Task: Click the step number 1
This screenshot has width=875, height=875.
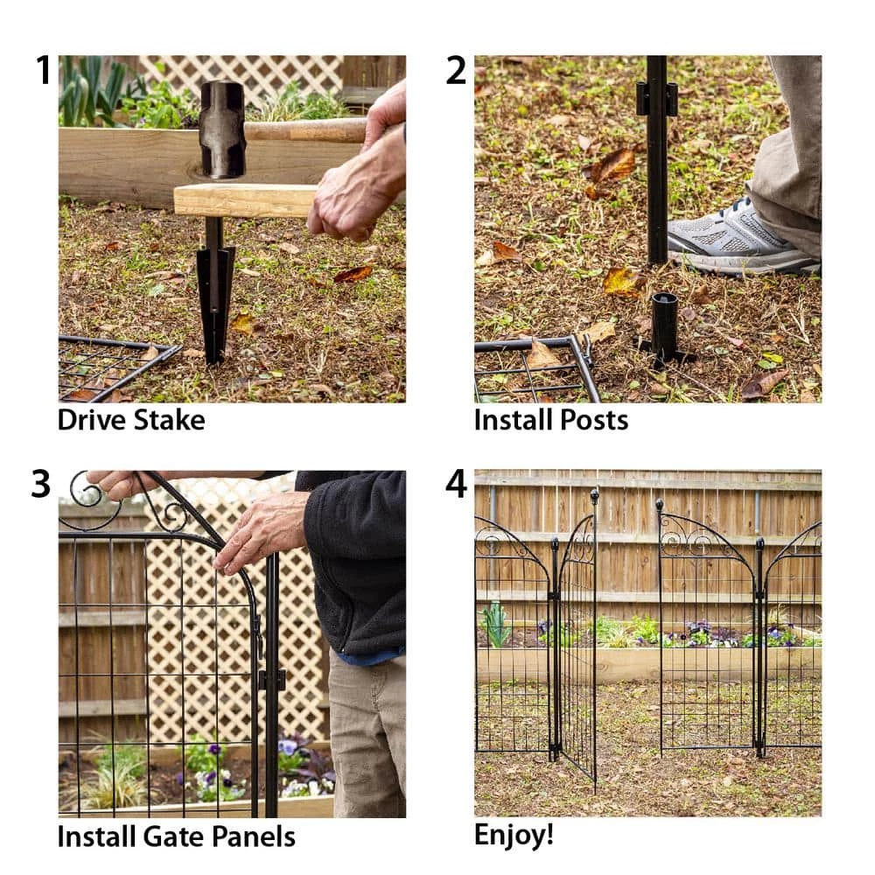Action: click(x=43, y=71)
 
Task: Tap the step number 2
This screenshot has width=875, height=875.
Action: click(x=456, y=71)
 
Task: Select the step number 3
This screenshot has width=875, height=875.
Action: click(x=41, y=485)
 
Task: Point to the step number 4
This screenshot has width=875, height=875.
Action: click(x=457, y=485)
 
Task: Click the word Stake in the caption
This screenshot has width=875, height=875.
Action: click(x=169, y=420)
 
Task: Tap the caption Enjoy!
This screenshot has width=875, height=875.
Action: click(x=514, y=835)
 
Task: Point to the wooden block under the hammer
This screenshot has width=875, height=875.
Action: click(x=245, y=200)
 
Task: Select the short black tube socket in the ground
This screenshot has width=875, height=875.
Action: click(x=665, y=328)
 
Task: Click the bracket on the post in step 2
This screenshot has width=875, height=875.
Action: click(x=657, y=99)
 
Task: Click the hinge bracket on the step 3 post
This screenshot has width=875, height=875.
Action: click(x=271, y=679)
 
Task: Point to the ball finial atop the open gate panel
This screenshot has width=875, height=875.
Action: click(x=594, y=494)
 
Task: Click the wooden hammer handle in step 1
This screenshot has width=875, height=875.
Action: click(x=306, y=129)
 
